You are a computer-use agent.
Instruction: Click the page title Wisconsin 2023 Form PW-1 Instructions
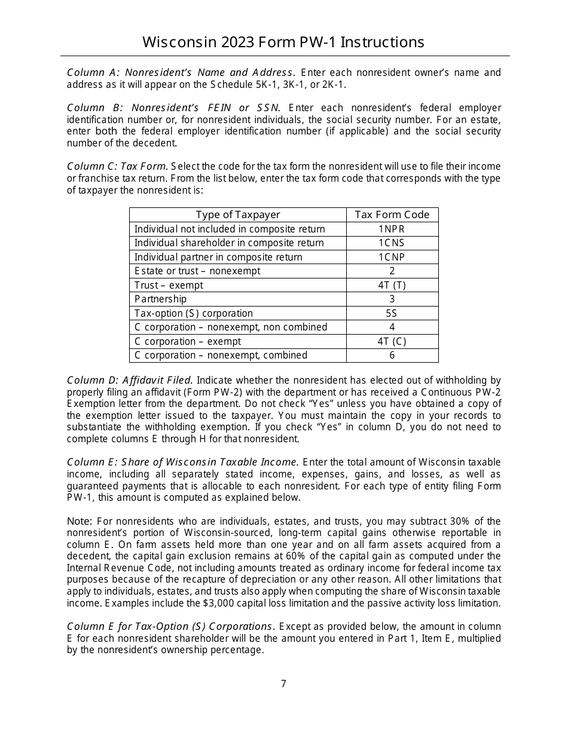(283, 42)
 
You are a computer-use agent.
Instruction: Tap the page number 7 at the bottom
(284, 684)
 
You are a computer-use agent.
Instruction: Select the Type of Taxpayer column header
(237, 215)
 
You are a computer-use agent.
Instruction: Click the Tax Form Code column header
(392, 215)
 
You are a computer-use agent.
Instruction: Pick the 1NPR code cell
(392, 229)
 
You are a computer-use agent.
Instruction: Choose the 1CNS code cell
(392, 243)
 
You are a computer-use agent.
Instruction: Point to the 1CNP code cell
(392, 257)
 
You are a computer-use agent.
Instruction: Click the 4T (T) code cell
(392, 285)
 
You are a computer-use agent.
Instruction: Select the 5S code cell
(392, 313)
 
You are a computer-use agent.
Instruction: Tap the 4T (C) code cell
(392, 341)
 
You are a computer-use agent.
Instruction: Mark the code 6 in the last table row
(392, 355)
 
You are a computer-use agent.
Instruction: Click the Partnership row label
(160, 299)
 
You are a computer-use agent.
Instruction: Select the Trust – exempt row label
(169, 285)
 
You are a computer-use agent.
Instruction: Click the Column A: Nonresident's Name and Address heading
(180, 73)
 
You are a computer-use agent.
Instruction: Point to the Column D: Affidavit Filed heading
(129, 380)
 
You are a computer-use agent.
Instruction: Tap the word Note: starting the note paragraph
(80, 521)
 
